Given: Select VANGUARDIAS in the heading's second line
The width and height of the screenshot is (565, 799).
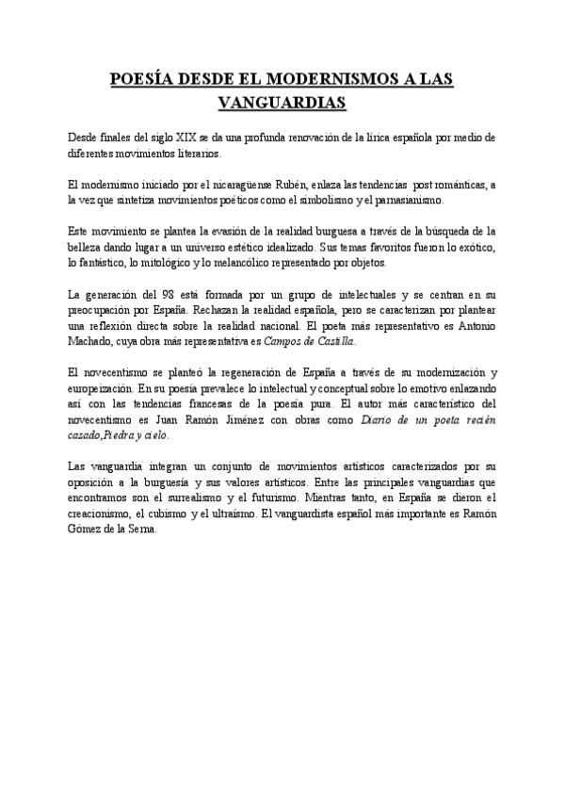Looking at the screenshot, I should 282,101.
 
